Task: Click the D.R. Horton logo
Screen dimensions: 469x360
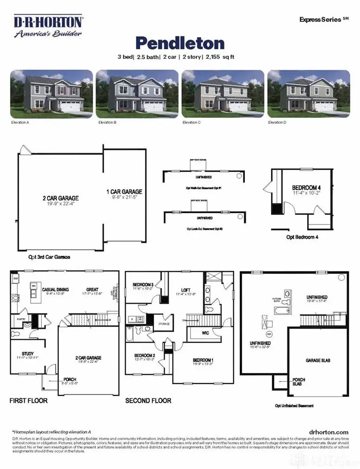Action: (x=48, y=26)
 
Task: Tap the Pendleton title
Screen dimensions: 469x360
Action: (x=180, y=43)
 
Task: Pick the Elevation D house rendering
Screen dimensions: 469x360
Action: (x=309, y=94)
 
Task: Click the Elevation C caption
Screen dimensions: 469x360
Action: (x=192, y=122)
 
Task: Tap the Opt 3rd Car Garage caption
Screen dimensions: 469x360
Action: (x=49, y=257)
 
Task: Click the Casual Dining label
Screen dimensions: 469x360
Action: (x=56, y=289)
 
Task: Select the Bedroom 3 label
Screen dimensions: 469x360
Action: (x=143, y=285)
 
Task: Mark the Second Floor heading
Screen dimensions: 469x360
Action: (x=148, y=400)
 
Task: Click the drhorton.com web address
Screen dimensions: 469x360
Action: (x=328, y=432)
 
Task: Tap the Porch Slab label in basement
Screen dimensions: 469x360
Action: (x=298, y=382)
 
